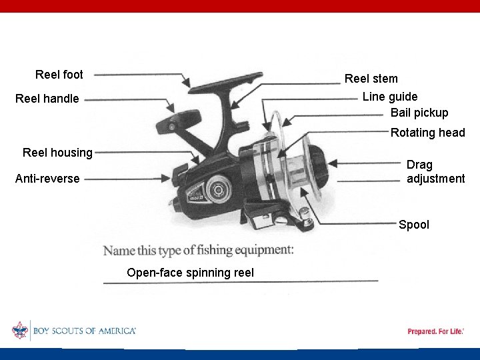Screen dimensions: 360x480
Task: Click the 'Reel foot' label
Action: (x=59, y=75)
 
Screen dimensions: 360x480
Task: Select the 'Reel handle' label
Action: (x=47, y=99)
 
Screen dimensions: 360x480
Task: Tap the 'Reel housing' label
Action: (x=57, y=153)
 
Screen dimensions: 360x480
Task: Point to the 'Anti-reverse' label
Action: (x=47, y=179)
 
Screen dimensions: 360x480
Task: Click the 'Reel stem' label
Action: (x=371, y=79)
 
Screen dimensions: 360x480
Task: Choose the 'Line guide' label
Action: (x=390, y=97)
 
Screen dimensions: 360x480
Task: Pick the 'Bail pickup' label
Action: (x=419, y=113)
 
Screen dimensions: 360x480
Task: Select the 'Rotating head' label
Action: (x=427, y=133)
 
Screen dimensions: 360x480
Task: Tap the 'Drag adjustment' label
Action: (x=435, y=171)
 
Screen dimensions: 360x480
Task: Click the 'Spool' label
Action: (x=414, y=225)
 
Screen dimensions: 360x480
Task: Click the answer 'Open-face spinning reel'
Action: (x=190, y=273)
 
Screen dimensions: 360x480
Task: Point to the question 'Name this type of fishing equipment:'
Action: (x=198, y=251)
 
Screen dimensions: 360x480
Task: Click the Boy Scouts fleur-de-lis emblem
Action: (x=20, y=331)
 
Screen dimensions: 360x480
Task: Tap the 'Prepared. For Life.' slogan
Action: (x=435, y=331)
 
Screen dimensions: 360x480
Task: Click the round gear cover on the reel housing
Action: (x=217, y=189)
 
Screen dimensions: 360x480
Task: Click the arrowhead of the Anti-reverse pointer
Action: (x=168, y=177)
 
